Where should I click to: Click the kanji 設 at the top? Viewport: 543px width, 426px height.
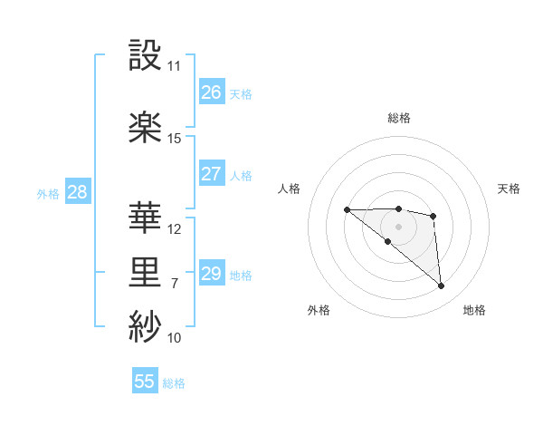point(147,57)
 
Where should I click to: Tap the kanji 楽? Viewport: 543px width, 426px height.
point(147,128)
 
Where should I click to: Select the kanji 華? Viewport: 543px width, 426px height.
point(147,218)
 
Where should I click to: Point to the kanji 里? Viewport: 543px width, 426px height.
point(147,272)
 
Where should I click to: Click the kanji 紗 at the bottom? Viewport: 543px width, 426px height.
point(147,325)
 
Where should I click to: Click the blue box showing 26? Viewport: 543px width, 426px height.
point(212,92)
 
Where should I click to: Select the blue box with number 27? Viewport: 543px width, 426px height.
point(212,174)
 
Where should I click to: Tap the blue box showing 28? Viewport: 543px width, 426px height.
point(77,192)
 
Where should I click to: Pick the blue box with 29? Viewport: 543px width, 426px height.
point(212,274)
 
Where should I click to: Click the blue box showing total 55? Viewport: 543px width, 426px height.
point(145,382)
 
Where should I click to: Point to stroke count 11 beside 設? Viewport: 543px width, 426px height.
point(175,66)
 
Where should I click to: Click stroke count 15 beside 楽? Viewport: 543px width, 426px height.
point(175,138)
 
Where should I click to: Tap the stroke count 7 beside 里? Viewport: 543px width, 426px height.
point(175,284)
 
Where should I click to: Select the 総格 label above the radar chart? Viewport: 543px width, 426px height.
point(399,118)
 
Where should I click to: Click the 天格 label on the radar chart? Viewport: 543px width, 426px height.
point(509,189)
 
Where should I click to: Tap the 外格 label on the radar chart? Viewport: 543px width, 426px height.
point(319,310)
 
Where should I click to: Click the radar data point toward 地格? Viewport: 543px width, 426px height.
point(442,286)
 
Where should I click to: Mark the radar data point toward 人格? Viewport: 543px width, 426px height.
point(347,210)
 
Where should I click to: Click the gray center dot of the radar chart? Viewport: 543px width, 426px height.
point(398,227)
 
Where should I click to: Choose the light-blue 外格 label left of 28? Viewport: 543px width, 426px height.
point(47,193)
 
